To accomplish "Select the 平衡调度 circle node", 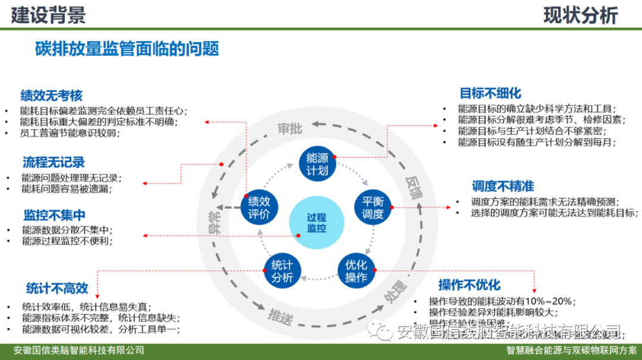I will (373, 207).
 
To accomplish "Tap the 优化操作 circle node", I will (356, 270).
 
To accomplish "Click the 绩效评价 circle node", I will (259, 206).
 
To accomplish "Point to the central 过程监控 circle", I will (316, 223).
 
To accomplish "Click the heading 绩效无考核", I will (51, 96).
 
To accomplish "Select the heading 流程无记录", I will (53, 162).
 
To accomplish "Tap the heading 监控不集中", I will (55, 215).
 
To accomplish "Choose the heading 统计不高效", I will (57, 289).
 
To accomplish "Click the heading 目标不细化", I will (490, 93).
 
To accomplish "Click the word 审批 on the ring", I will (290, 129).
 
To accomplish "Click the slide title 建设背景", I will (48, 15).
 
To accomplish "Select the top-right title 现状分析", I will (580, 15).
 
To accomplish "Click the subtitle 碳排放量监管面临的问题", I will (127, 49).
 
